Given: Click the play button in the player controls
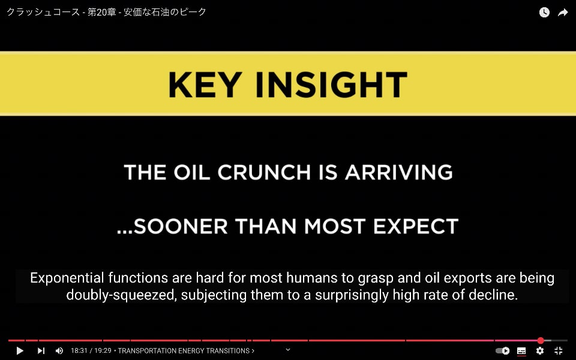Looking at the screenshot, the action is (20, 351).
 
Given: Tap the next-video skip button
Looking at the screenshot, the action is (41, 351).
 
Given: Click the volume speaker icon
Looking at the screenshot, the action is (59, 351).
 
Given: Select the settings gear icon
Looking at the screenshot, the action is (540, 351).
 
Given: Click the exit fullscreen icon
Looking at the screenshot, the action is (559, 351).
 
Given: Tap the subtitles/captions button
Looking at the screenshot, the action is (521, 351).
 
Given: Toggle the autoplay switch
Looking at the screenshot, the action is (503, 351).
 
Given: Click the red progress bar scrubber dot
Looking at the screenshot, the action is (541, 341).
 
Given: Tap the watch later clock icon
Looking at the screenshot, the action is (544, 13).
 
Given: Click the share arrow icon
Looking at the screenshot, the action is (563, 13).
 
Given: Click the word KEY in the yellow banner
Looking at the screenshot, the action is (205, 85).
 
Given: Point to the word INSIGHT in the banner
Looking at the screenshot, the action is (331, 85).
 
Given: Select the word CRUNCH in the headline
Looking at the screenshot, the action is (264, 172).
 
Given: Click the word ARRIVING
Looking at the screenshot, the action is (398, 172).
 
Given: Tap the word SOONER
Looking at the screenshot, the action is (181, 226).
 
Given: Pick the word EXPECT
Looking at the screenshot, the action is (416, 226).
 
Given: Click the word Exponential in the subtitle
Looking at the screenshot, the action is (67, 278).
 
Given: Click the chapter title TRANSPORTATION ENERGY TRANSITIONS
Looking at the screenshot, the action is (184, 351).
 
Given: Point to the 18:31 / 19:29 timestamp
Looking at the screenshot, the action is (91, 351).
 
